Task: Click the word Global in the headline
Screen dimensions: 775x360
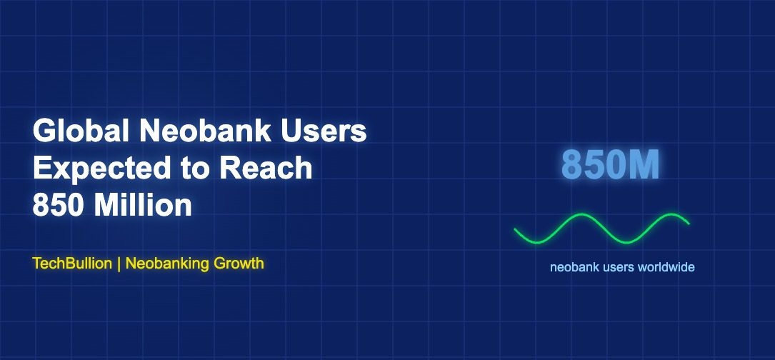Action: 81,131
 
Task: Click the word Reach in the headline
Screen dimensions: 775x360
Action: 266,168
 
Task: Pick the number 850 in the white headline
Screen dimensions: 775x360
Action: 59,205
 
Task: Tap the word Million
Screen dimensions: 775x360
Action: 143,205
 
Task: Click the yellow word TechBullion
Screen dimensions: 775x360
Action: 72,263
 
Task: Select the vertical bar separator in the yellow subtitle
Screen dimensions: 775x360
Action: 119,264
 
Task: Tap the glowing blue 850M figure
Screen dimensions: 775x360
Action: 611,165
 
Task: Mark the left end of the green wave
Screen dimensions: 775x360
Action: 515,229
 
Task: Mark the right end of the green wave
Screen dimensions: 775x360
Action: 689,224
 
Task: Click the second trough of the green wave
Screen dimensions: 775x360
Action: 626,242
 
